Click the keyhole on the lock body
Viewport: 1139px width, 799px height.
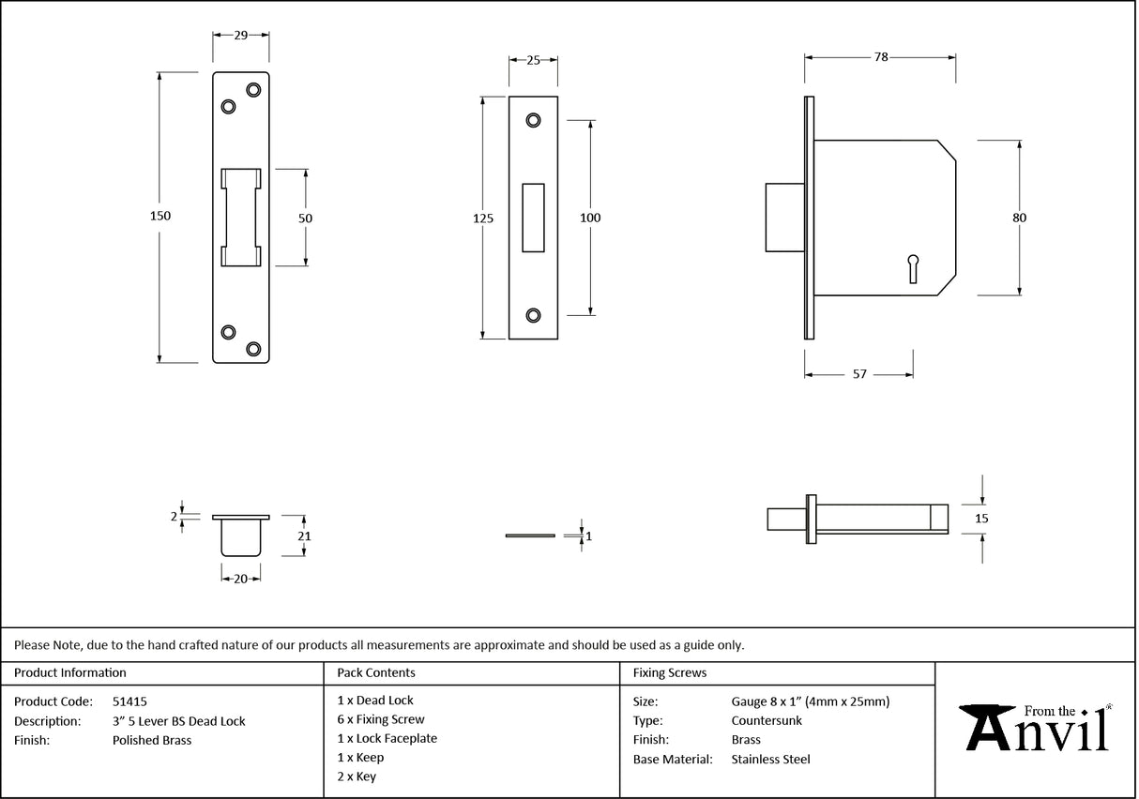[x=913, y=268]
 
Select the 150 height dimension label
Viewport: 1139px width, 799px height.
[x=160, y=216]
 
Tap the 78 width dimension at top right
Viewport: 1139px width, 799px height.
[x=880, y=57]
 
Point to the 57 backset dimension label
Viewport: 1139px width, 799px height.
[x=858, y=374]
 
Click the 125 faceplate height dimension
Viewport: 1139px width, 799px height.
[x=482, y=219]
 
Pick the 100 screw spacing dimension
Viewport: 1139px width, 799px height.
[x=590, y=218]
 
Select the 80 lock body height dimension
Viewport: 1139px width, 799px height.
[x=1019, y=218]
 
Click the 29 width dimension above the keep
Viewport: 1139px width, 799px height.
[x=240, y=35]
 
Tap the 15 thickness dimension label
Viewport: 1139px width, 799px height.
[x=981, y=518]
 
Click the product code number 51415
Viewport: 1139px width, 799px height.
[x=129, y=701]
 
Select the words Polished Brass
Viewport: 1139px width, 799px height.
[x=151, y=740]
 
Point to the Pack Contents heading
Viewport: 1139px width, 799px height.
[x=376, y=672]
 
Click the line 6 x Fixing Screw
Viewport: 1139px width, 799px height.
[x=380, y=719]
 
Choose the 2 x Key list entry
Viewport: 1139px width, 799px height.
[x=357, y=776]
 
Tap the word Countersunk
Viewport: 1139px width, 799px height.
[x=767, y=720]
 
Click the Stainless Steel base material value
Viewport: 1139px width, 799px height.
[x=770, y=760]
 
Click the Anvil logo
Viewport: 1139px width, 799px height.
[x=1037, y=728]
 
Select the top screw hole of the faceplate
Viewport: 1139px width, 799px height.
[x=533, y=120]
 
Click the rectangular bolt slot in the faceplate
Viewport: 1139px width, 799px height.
[x=533, y=218]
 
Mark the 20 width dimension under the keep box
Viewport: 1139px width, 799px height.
[x=240, y=580]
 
